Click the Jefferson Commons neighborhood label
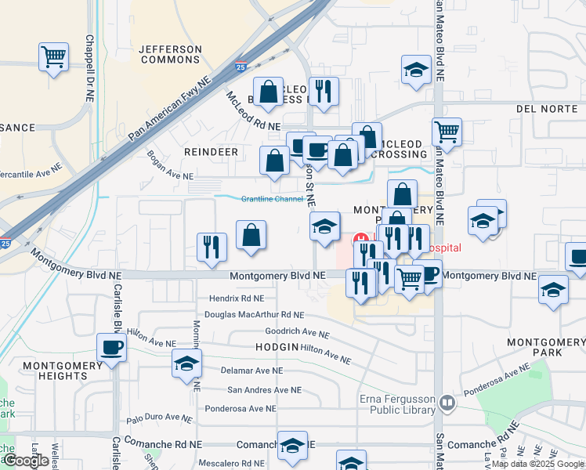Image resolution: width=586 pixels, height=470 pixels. click(x=170, y=54)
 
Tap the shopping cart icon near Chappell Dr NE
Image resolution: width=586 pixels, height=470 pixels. click(x=54, y=56)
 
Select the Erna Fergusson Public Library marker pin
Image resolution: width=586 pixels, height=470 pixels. click(x=447, y=403)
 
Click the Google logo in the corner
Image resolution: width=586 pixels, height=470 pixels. click(x=27, y=461)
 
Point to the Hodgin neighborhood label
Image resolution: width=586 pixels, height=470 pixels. click(x=277, y=347)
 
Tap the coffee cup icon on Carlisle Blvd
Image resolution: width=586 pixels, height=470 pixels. click(x=111, y=348)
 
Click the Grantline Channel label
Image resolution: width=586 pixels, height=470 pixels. click(x=271, y=199)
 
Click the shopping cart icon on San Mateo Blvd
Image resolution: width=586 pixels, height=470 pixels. click(x=447, y=132)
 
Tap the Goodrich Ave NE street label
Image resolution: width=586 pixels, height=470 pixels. click(x=297, y=332)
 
